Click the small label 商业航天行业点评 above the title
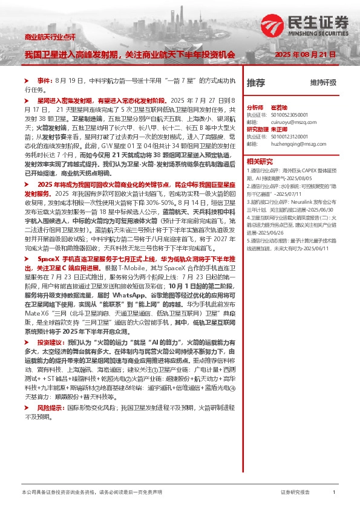[x=50, y=37]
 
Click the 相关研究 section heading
[x=259, y=161]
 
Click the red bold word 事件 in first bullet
[x=45, y=80]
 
